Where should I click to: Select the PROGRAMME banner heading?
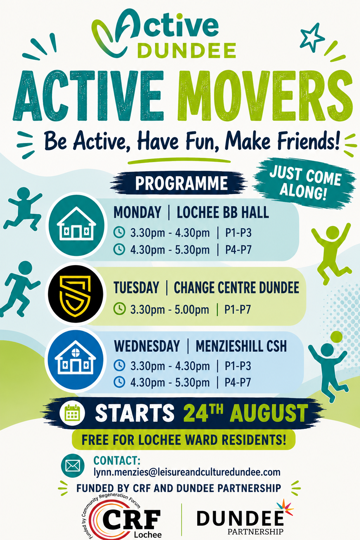pos(181,184)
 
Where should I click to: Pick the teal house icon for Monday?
pos(76,225)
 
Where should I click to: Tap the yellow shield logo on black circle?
pos(75,294)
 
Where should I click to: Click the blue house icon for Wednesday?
pos(76,360)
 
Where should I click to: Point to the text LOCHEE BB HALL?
pos(223,213)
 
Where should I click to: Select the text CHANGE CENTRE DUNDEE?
pos(236,288)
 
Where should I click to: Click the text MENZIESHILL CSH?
pos(241,347)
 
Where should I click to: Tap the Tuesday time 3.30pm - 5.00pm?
pos(170,309)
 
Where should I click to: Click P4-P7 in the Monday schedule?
pos(238,250)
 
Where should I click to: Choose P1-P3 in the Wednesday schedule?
pos(238,366)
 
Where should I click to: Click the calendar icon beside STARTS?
pos(72,413)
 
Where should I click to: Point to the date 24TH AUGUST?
pos(245,413)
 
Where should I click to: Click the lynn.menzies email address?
pos(187,472)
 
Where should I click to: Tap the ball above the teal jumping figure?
pos(336,337)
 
